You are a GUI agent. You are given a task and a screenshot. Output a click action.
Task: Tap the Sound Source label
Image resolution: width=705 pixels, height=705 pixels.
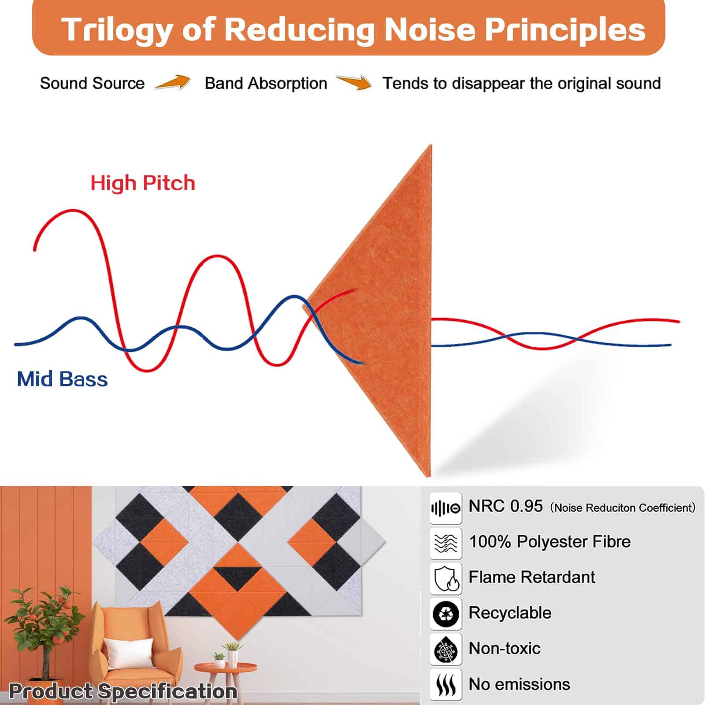pos(92,83)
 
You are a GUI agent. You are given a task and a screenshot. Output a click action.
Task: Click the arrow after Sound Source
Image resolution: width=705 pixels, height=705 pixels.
pos(173,82)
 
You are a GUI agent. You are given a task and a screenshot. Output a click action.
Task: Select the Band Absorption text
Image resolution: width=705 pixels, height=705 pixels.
pos(266,83)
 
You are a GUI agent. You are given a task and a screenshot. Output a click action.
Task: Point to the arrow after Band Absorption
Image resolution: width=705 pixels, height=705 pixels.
pos(353,82)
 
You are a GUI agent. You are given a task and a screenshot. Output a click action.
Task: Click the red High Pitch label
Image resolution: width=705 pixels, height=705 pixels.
pos(143,182)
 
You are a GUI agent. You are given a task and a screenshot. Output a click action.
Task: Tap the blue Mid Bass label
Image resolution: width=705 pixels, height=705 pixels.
pos(62,379)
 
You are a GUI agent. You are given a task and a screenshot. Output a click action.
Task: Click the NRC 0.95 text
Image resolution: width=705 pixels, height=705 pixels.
pos(505,506)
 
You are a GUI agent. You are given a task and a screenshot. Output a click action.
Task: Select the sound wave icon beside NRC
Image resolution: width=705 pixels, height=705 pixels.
pos(446,508)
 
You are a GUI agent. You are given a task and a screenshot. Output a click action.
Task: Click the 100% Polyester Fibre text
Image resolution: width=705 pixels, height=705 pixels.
pos(549,542)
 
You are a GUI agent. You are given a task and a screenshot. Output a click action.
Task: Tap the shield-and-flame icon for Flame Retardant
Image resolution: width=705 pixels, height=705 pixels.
pos(446,579)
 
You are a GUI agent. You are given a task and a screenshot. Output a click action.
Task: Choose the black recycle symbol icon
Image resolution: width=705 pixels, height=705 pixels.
pos(446,614)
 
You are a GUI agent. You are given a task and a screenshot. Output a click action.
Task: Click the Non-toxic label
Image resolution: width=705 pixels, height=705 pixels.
pos(505,648)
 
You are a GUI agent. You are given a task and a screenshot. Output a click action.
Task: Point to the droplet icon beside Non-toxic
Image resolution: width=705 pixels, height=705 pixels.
pos(446,649)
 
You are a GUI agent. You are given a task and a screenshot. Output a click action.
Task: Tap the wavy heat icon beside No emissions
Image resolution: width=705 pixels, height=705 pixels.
pos(446,685)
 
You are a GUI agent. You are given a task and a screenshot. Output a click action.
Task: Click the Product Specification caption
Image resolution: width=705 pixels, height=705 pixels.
pos(123,691)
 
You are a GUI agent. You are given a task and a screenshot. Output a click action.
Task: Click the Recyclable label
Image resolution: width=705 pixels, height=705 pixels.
pos(510,612)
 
